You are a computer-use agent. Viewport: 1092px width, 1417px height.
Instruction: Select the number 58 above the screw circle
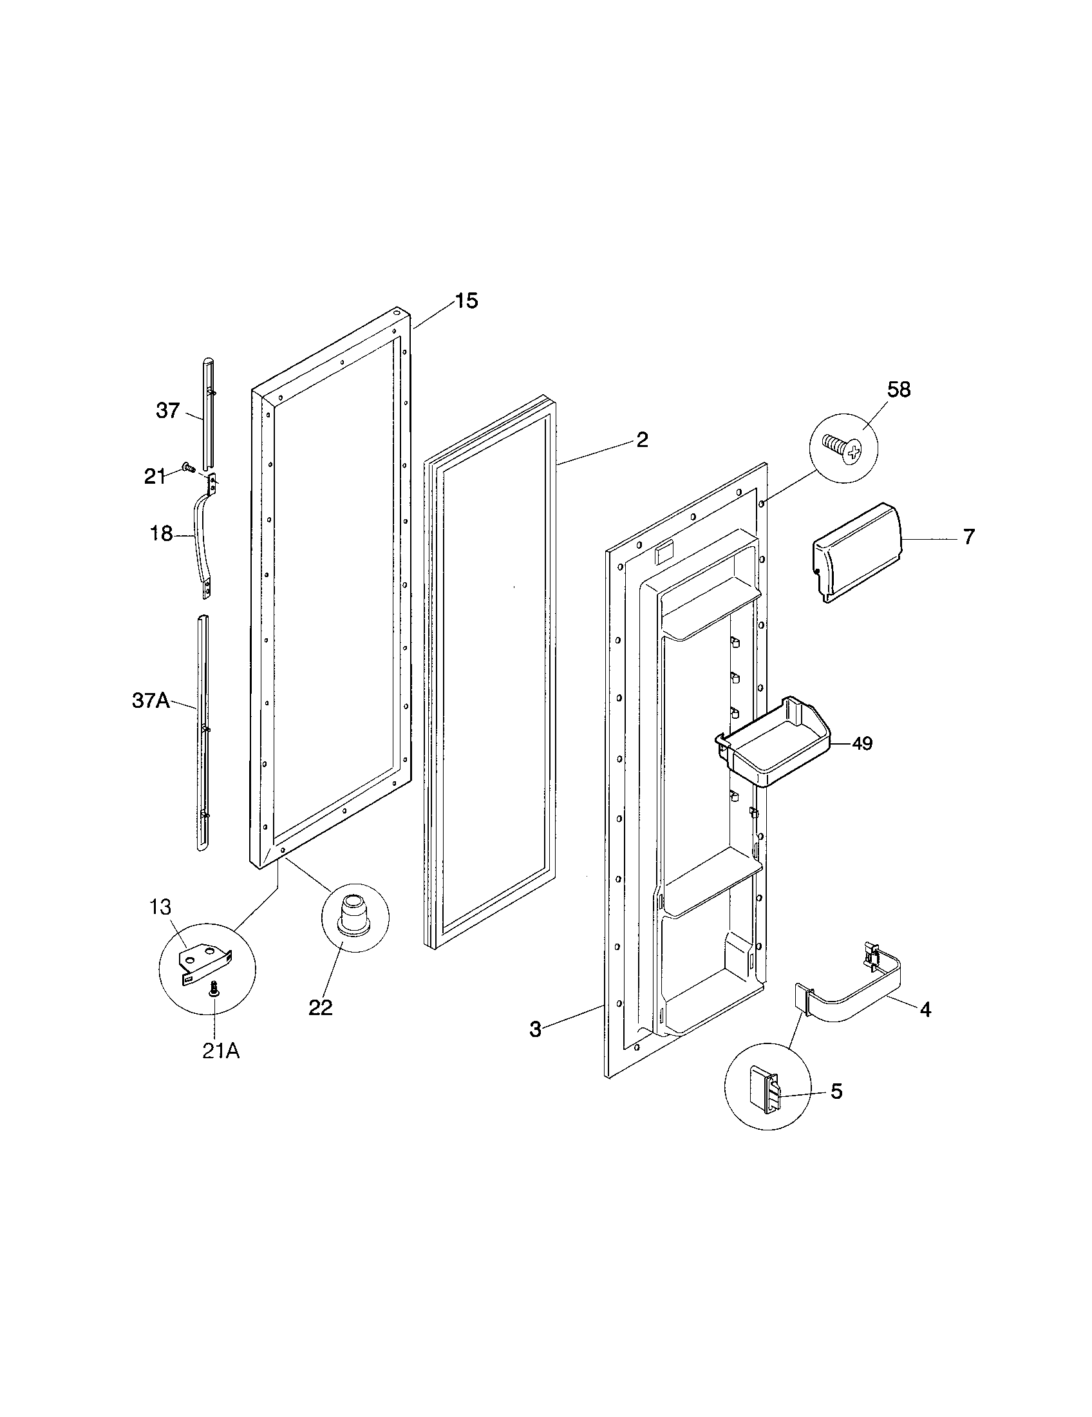coord(899,390)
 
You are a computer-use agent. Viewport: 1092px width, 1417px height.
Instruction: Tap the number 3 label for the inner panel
coord(535,1030)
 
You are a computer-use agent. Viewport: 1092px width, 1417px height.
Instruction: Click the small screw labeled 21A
coord(214,1007)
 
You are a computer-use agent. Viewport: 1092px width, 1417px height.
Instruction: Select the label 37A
coord(151,701)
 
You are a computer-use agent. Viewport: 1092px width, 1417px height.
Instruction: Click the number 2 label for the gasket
coord(641,440)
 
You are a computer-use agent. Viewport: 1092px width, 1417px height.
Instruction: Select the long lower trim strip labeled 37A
coord(203,733)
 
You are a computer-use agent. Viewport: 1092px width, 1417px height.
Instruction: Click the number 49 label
coord(861,743)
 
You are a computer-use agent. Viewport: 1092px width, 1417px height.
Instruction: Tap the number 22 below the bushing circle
coord(321,1007)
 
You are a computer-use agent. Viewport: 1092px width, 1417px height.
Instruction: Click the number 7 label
coord(968,537)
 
